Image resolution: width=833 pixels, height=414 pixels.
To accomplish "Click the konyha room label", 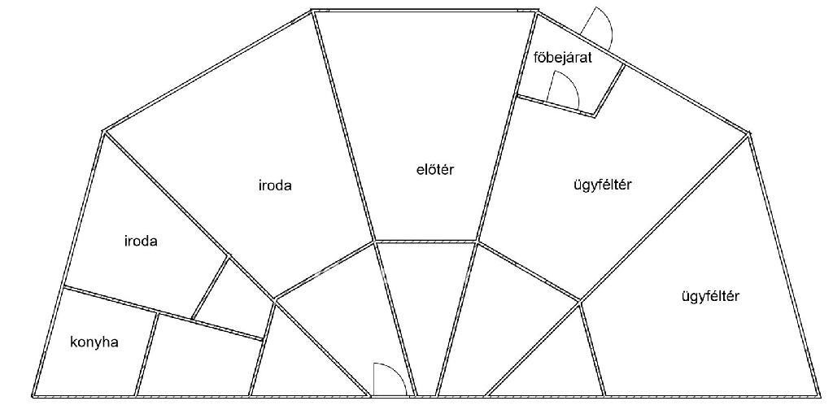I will [94, 342].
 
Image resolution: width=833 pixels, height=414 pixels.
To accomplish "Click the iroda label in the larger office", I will [273, 185].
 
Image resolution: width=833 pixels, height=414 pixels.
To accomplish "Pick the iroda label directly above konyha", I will [140, 242].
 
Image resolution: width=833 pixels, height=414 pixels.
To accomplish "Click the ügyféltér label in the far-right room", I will [709, 296].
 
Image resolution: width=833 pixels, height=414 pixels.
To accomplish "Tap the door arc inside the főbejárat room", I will [564, 89].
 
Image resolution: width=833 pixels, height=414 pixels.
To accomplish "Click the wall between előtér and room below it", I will [426, 241].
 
